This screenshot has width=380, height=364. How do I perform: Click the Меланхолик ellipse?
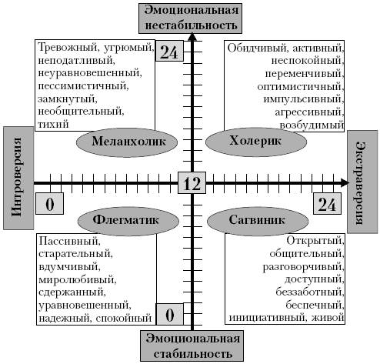click(127, 142)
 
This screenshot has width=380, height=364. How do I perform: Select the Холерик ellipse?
click(256, 142)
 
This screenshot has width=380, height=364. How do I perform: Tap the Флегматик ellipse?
click(128, 221)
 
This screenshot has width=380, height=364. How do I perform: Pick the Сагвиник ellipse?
click(258, 221)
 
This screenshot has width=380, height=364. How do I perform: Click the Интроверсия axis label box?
click(18, 178)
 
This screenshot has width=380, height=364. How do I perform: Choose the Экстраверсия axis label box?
click(363, 182)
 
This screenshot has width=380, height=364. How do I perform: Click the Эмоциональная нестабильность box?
click(190, 18)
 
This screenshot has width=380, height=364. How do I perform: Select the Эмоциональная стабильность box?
click(192, 346)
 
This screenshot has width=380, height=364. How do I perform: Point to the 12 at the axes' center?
click(192, 183)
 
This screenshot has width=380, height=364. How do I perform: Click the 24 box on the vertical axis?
click(169, 51)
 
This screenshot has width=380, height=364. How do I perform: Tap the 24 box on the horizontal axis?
click(327, 203)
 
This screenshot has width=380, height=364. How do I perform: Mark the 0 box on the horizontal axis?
click(49, 203)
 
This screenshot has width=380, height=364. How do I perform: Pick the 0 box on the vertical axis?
click(170, 314)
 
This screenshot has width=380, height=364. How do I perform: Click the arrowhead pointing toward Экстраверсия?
click(345, 182)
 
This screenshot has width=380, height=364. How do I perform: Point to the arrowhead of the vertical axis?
click(192, 37)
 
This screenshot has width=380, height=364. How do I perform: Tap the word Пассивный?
click(69, 241)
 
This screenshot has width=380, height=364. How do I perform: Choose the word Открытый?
click(315, 241)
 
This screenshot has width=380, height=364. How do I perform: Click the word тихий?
click(53, 124)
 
